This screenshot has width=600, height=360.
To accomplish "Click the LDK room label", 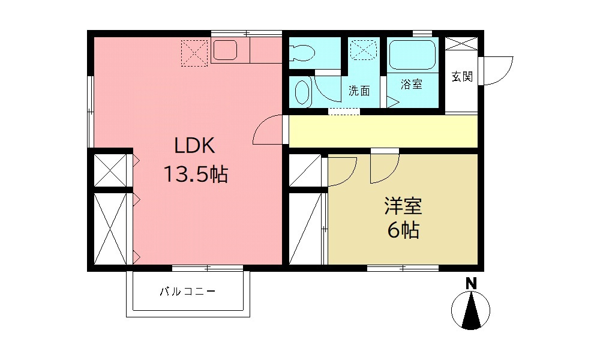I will pos(194,146).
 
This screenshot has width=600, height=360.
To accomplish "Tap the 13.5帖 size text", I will pos(194,175).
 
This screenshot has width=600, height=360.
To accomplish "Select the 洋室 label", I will pos(403,206).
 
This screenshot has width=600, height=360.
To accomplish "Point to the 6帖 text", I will pos(403,230).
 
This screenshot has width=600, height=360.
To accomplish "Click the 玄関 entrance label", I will pos(462,76).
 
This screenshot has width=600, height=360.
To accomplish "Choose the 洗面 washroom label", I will pos(359,91).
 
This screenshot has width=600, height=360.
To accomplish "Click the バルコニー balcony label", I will pos(187,292).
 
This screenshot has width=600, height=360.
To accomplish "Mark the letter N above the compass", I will pos(471,283).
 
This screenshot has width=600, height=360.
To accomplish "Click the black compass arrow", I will pos(471,312).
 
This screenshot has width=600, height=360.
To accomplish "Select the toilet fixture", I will pos(301,53).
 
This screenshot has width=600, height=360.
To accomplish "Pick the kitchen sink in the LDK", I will pos(226,50).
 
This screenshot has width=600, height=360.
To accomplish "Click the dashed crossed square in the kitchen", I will pos(194,52).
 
